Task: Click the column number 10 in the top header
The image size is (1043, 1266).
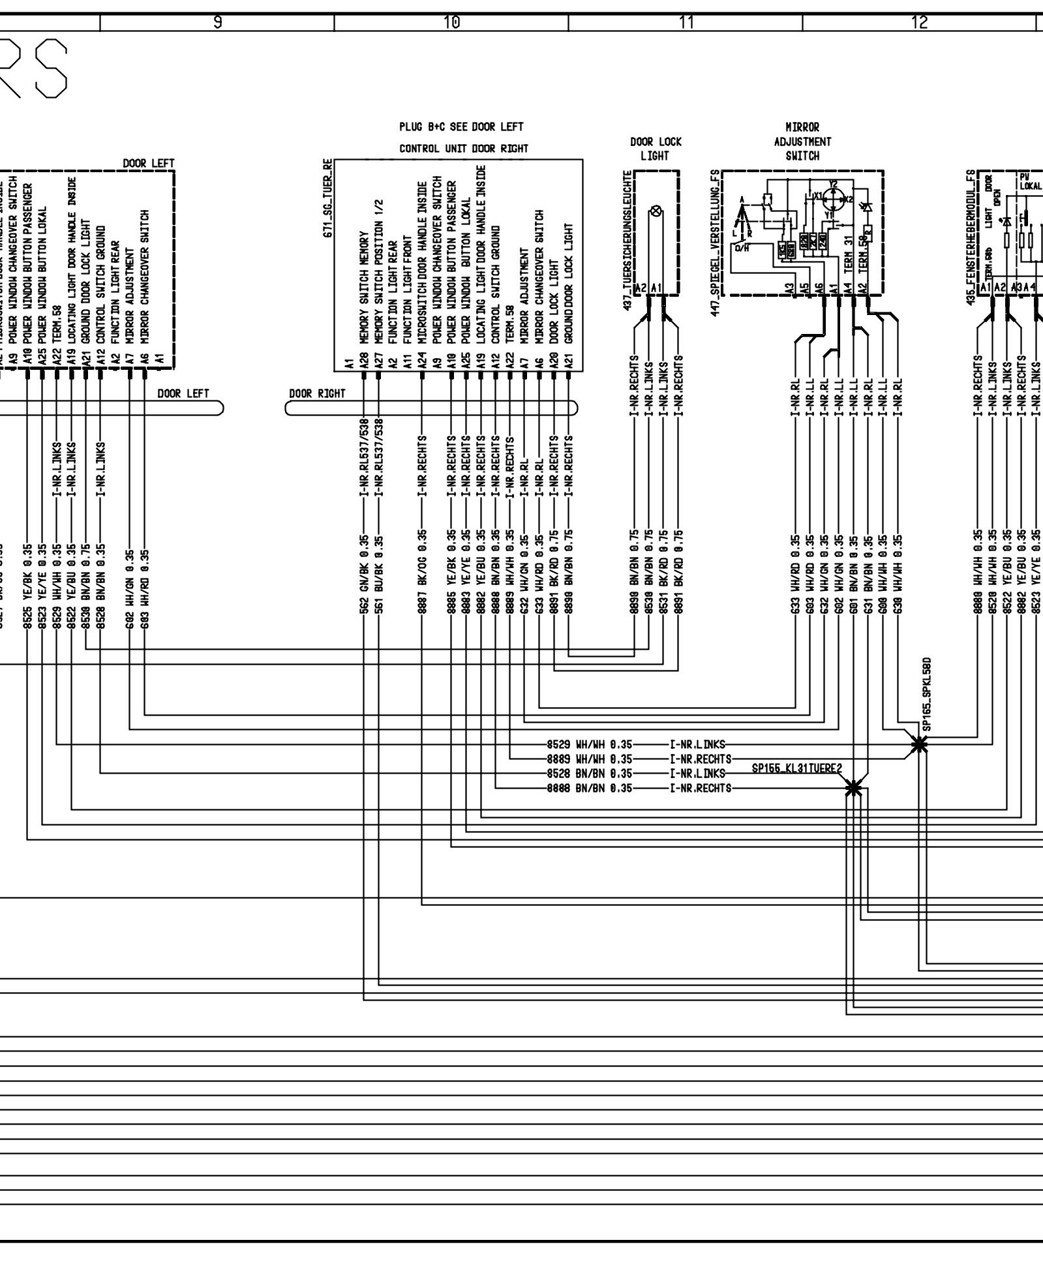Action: [451, 23]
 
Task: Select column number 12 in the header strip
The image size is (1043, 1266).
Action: [919, 23]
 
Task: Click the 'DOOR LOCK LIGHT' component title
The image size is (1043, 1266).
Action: [654, 149]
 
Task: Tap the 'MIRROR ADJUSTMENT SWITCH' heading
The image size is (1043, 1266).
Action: [802, 142]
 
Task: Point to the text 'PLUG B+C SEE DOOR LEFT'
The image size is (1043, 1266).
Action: [462, 127]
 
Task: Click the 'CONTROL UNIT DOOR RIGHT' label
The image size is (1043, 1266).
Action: [464, 149]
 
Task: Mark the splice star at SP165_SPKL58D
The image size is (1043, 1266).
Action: [919, 744]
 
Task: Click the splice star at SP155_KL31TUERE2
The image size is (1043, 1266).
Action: [853, 789]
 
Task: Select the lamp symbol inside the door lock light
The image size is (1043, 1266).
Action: [657, 211]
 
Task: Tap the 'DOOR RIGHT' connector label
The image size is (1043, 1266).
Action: [317, 394]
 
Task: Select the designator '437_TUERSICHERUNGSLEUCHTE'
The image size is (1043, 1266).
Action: [627, 241]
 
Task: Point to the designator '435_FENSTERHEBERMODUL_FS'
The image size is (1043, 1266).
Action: [970, 232]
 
